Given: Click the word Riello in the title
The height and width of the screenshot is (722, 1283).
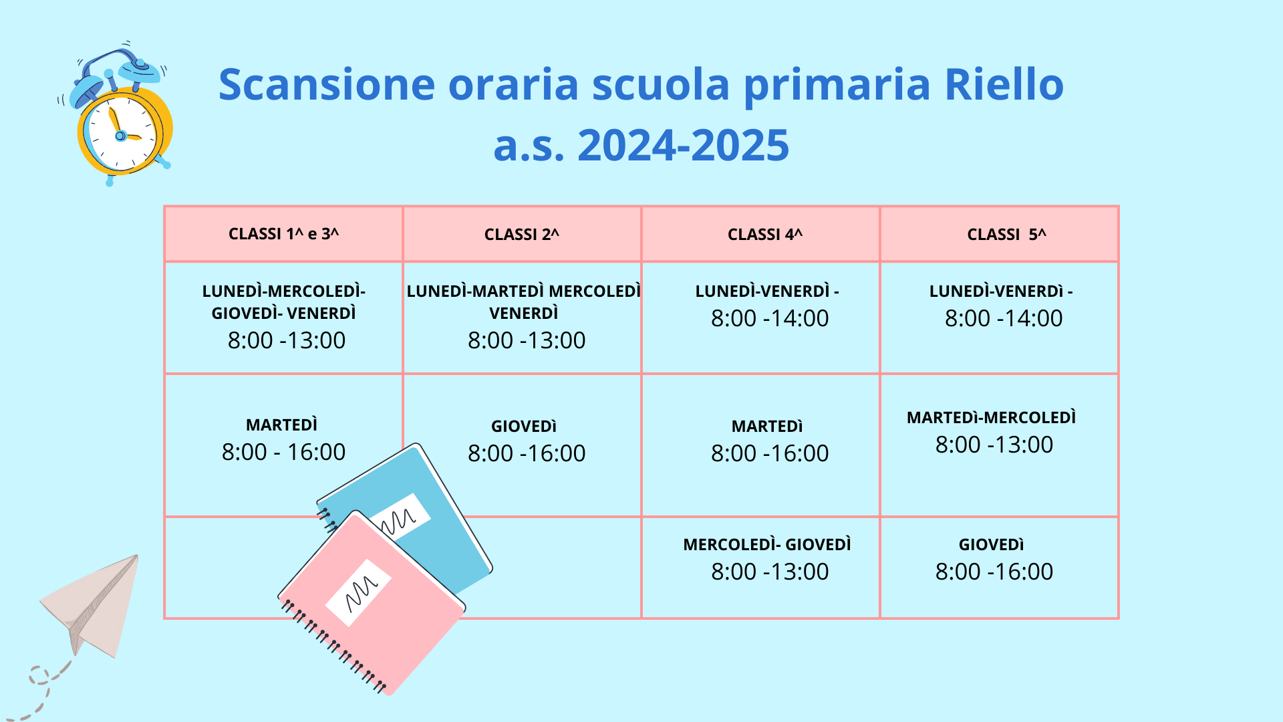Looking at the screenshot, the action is click(x=1004, y=84).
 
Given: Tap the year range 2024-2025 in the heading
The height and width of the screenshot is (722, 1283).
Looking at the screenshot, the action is click(x=683, y=145).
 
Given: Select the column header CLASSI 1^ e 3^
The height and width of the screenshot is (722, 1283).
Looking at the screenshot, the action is click(x=284, y=234).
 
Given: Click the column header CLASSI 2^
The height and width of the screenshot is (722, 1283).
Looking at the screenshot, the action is click(x=522, y=235).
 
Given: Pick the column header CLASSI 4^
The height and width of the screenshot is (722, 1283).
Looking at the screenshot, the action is click(x=765, y=235).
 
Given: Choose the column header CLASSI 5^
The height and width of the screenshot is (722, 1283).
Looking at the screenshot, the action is click(x=1006, y=235).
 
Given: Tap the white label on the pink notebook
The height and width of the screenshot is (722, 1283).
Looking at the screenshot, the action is click(x=358, y=592).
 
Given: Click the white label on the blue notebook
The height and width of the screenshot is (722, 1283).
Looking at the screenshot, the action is click(x=400, y=517).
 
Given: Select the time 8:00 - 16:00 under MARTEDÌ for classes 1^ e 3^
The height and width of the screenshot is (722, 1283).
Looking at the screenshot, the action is click(x=284, y=452).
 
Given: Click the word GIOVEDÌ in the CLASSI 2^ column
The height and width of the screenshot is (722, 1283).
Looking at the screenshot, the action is click(x=524, y=427).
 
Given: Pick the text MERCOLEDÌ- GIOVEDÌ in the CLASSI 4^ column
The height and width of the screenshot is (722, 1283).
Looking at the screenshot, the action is click(x=767, y=545).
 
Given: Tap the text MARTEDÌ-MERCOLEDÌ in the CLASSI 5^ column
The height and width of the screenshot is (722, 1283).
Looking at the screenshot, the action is click(x=992, y=418).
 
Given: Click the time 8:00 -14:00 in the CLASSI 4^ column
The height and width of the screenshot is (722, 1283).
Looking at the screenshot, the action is click(x=770, y=318).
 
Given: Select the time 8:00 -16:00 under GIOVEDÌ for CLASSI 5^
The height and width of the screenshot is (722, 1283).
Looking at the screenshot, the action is click(x=994, y=572).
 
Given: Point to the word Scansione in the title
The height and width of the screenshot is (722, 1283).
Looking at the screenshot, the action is click(x=327, y=84).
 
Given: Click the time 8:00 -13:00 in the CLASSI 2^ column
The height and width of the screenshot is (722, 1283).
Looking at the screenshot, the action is click(x=527, y=340).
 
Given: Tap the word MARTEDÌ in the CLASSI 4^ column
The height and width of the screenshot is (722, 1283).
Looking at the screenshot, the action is click(x=767, y=427).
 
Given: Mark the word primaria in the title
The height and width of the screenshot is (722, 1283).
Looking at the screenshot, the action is click(x=837, y=86).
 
